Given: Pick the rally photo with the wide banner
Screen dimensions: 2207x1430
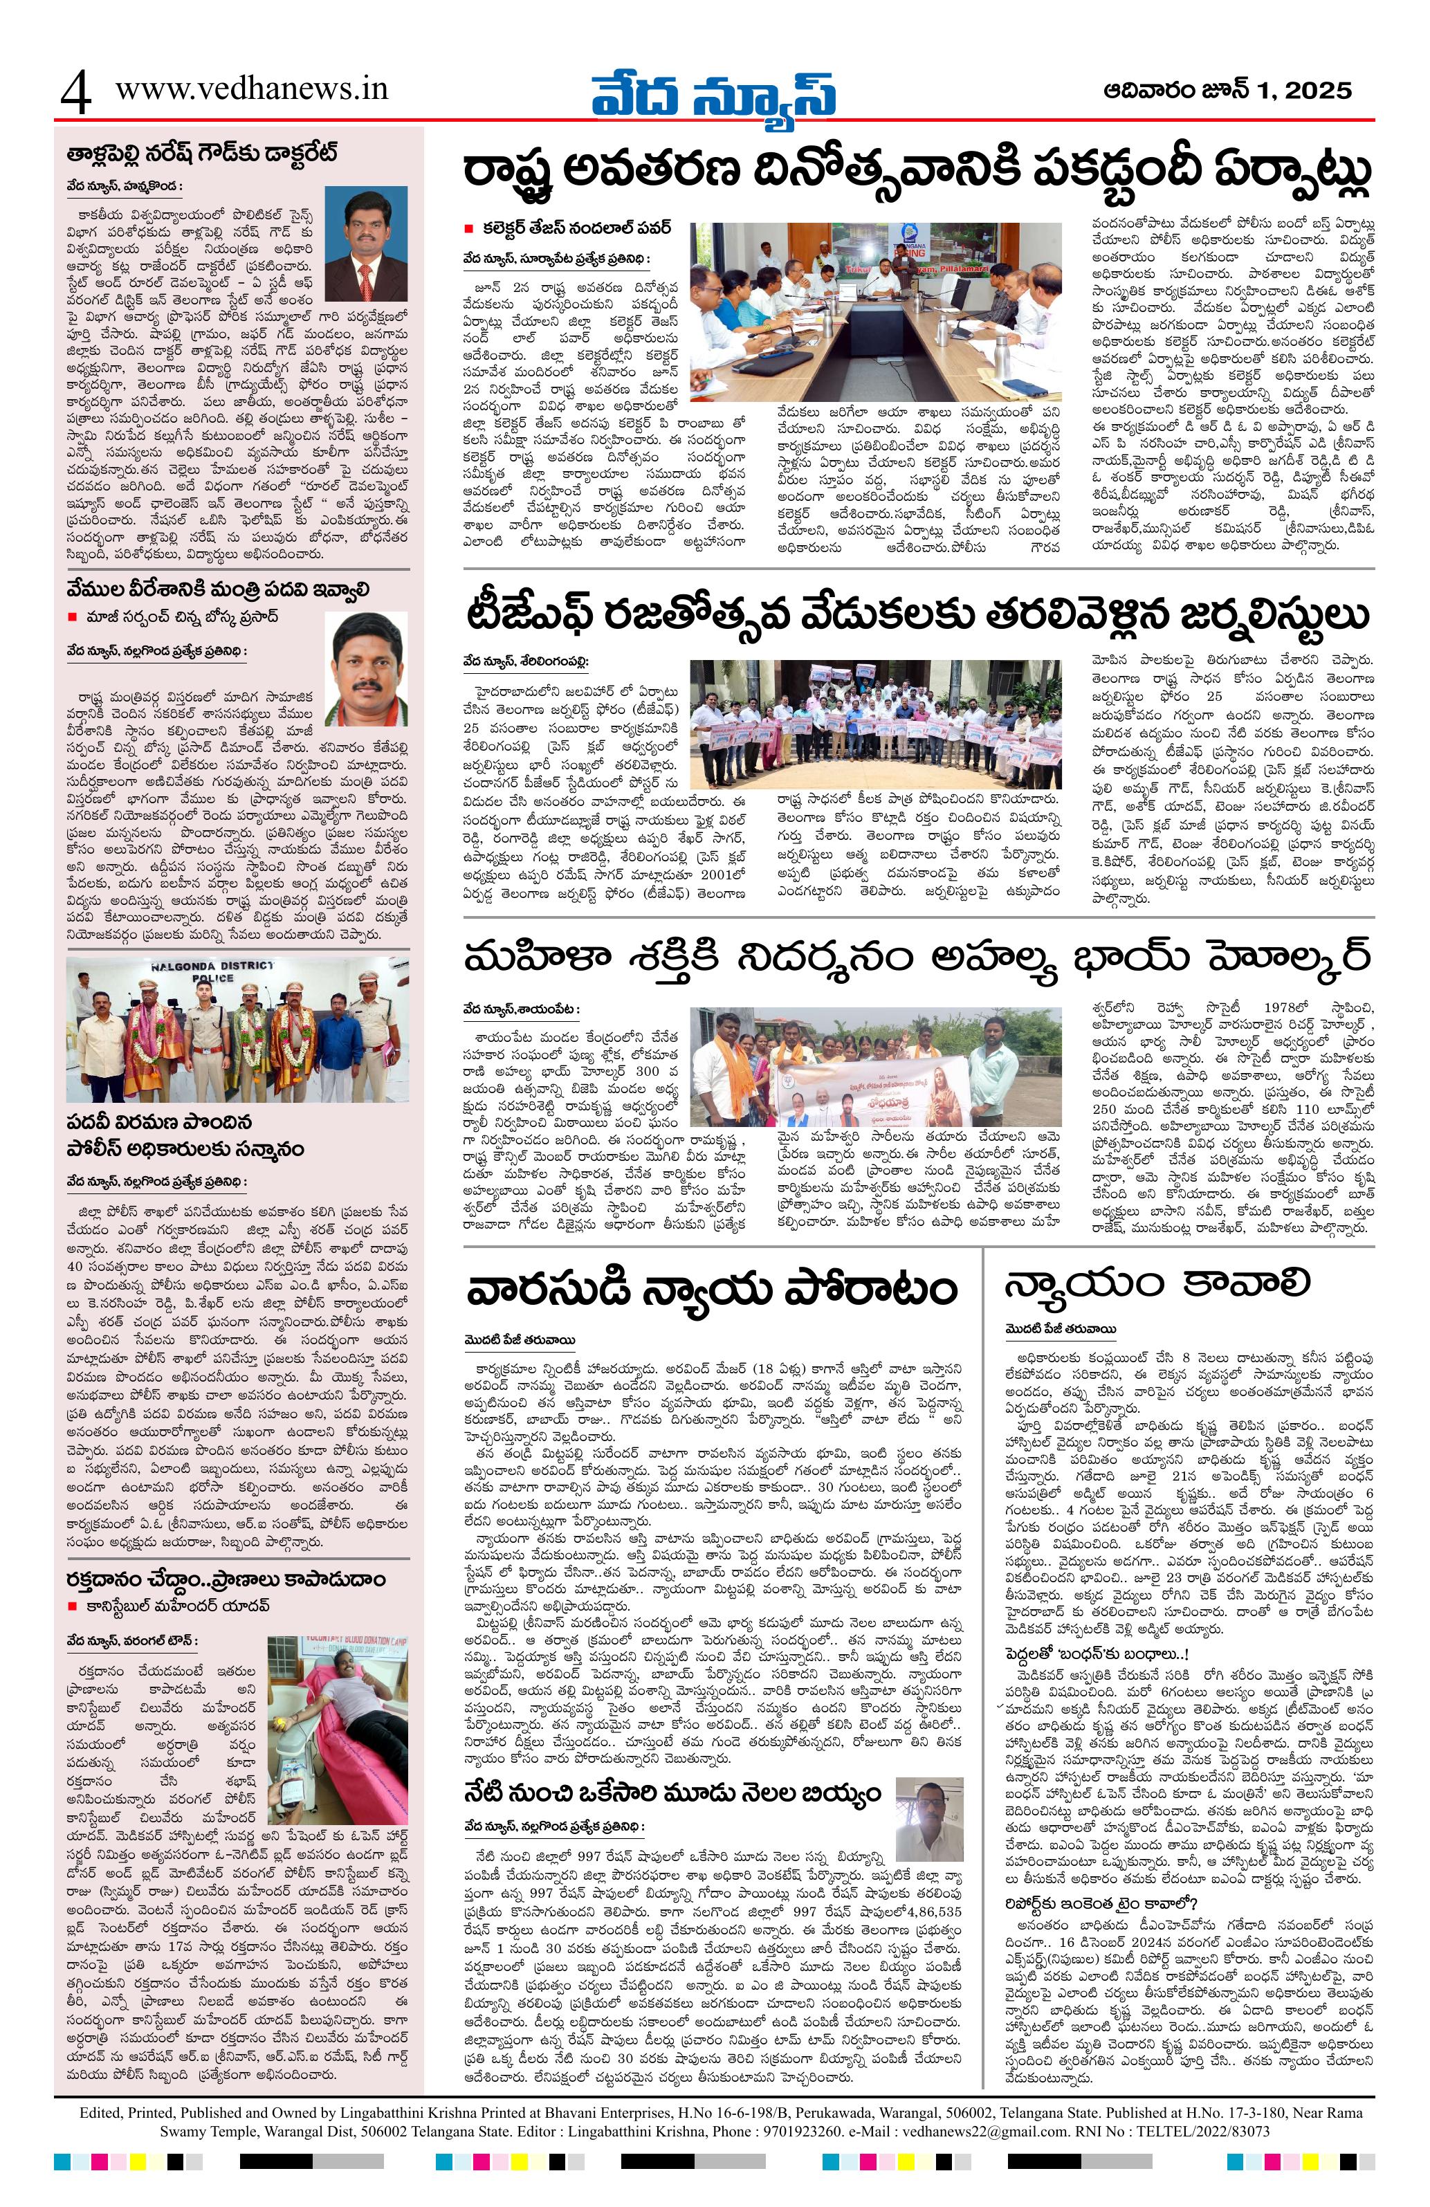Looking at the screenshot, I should [x=875, y=1068].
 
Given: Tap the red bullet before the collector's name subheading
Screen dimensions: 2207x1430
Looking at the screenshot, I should [x=469, y=228].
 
